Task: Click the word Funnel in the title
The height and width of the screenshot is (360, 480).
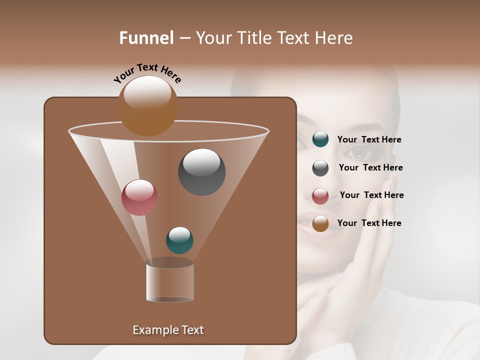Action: [146, 38]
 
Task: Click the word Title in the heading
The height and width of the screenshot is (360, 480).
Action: [253, 38]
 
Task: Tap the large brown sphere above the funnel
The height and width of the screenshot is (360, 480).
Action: [148, 105]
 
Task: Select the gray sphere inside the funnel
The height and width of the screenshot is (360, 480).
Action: [201, 171]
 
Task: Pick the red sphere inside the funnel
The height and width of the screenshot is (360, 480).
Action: [139, 197]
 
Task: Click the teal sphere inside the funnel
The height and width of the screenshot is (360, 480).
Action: [179, 240]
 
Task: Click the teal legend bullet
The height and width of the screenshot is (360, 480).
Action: [320, 139]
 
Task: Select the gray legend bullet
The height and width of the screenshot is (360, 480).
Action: [320, 168]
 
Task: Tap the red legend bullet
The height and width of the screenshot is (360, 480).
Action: [320, 196]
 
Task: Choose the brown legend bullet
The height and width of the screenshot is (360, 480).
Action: [320, 223]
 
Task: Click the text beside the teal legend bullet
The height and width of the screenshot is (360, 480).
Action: [369, 140]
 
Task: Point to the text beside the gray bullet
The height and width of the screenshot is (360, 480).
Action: [370, 168]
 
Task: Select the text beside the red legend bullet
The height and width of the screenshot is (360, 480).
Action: [371, 195]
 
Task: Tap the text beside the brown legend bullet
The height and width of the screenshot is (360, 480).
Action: [369, 223]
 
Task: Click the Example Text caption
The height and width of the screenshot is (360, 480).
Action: [168, 330]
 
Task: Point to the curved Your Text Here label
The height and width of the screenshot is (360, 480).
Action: [147, 72]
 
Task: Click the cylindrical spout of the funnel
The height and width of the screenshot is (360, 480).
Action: [170, 282]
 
